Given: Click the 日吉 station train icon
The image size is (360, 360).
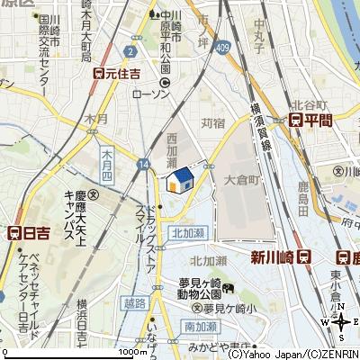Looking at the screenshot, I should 13,231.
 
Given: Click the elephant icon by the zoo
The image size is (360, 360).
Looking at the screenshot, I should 229,289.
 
